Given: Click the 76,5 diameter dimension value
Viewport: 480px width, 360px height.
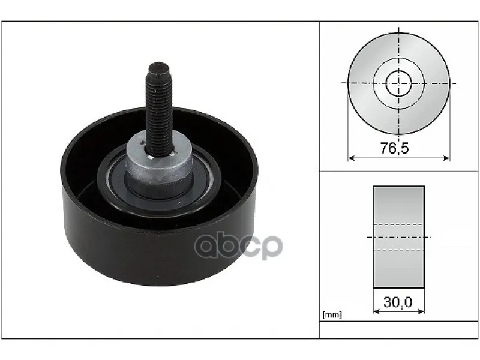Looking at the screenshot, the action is click(395, 148).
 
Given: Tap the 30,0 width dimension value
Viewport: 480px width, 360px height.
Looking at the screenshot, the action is click(398, 302).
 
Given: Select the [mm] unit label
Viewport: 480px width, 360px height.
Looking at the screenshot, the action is click(332, 314).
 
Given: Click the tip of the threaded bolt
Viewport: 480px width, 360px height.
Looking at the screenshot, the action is click(158, 64).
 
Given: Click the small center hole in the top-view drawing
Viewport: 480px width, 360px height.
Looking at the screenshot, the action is click(398, 83).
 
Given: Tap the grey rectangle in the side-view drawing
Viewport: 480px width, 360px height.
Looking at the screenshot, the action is click(398, 237).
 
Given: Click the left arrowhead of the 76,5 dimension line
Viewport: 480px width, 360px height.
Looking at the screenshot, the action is click(351, 158).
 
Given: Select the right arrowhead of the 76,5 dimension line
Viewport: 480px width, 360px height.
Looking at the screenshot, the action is click(446, 158).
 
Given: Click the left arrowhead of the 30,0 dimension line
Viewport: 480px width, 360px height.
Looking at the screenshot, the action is click(377, 311).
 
